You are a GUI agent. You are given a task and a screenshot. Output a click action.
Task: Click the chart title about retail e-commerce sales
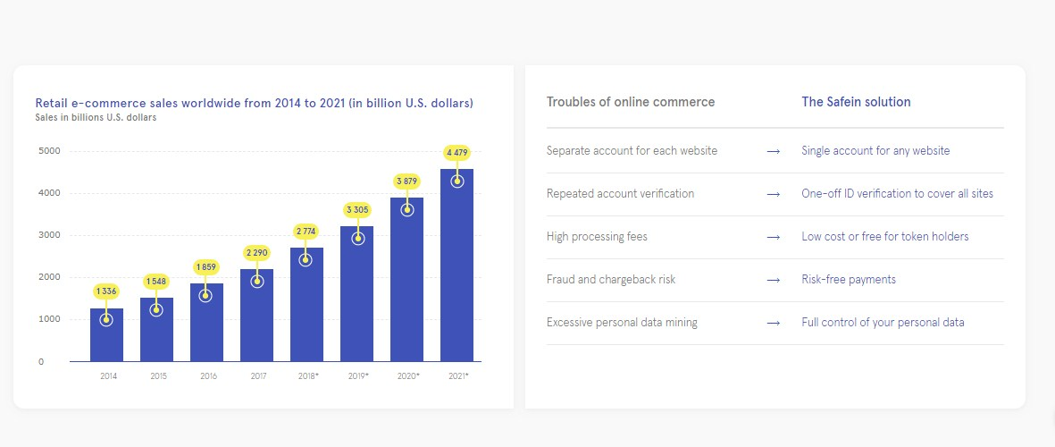tap(254, 103)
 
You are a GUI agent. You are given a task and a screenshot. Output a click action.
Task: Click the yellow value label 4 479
tap(456, 153)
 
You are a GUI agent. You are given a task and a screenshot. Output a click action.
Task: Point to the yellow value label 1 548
tap(156, 282)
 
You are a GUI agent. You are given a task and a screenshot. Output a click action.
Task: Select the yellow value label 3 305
tap(356, 210)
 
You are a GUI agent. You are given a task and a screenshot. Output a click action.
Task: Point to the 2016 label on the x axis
tap(208, 376)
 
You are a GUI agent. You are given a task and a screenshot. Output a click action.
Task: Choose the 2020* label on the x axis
tap(406, 376)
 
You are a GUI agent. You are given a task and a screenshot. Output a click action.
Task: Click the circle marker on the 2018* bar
tap(306, 260)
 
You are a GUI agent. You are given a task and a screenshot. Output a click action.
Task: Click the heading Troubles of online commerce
tap(631, 102)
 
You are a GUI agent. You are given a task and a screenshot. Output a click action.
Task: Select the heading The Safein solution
tap(856, 102)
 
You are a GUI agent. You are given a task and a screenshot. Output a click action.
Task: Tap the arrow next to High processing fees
tap(774, 237)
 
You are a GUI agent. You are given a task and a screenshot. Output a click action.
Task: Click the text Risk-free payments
tap(849, 280)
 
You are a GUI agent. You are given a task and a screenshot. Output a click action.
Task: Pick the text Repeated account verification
tap(620, 194)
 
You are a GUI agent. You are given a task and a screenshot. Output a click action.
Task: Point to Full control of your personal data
tap(883, 323)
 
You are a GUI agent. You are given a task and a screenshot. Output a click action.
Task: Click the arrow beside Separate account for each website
tap(774, 151)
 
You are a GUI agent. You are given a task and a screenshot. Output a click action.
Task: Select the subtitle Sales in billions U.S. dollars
tap(96, 117)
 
